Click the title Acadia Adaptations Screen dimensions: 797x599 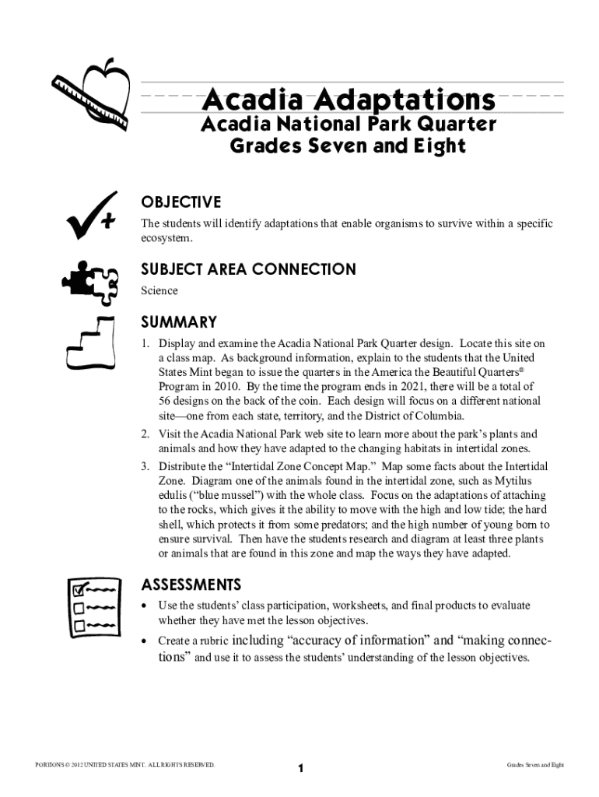click(x=348, y=100)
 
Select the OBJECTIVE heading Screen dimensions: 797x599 click(x=180, y=202)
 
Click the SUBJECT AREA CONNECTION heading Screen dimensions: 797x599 click(x=248, y=269)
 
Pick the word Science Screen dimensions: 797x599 click(x=159, y=290)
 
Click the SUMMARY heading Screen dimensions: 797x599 click(x=178, y=321)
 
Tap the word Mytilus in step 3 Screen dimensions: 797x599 click(x=528, y=480)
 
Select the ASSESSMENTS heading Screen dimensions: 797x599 click(x=191, y=584)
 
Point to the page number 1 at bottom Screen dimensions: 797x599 click(x=300, y=769)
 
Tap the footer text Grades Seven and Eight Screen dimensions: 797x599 click(x=535, y=765)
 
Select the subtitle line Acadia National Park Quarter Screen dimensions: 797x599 click(x=348, y=125)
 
